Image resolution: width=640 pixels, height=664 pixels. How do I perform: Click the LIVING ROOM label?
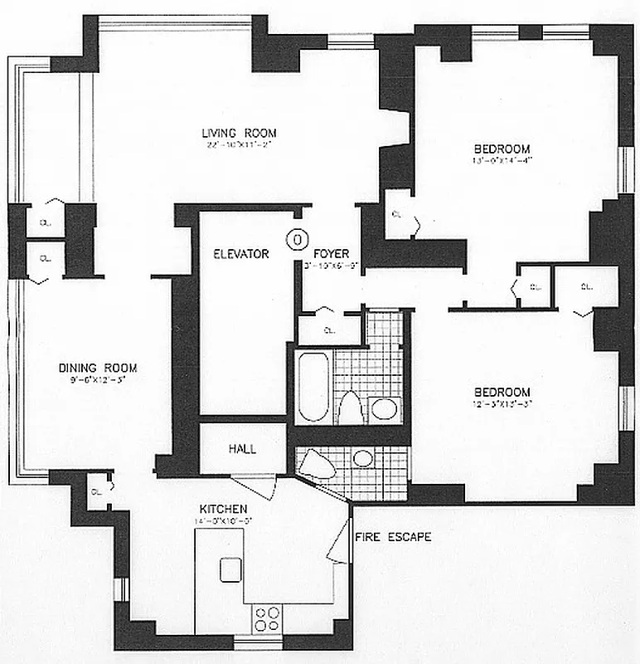[239, 133]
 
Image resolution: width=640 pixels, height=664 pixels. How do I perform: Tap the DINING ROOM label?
[97, 368]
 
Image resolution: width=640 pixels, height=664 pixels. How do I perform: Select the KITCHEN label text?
[221, 508]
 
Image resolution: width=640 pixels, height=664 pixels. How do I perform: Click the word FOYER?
[331, 254]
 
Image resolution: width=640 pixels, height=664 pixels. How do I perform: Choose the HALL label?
[241, 449]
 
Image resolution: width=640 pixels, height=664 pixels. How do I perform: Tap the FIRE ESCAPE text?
[393, 537]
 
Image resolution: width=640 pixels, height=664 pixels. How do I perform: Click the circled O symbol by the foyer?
[295, 239]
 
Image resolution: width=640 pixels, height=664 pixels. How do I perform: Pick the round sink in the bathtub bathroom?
[383, 408]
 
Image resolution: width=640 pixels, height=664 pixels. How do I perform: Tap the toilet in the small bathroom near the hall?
[319, 462]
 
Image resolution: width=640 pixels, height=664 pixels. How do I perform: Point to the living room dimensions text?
[239, 144]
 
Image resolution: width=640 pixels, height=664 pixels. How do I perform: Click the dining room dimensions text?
[97, 380]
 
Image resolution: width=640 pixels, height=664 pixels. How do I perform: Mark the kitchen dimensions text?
[221, 520]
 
